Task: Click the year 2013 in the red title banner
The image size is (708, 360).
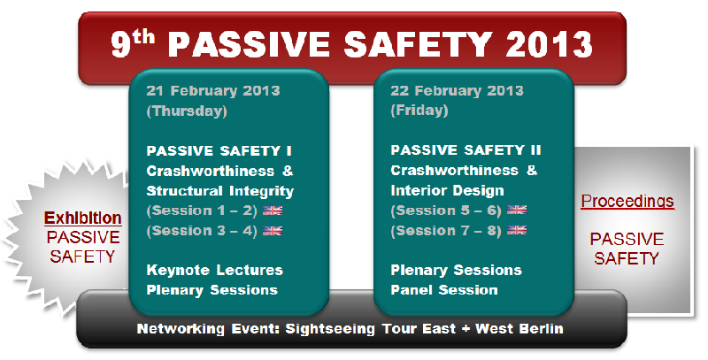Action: (x=549, y=44)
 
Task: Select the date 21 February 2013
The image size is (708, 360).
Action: (x=213, y=91)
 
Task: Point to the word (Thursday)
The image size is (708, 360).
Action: (x=187, y=111)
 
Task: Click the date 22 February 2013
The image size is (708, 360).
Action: (x=457, y=91)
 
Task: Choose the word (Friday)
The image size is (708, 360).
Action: (x=419, y=111)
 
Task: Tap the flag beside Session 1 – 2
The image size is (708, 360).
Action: (x=273, y=211)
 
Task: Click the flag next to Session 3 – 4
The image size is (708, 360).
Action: (x=273, y=231)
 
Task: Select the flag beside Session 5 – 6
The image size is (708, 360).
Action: (x=517, y=210)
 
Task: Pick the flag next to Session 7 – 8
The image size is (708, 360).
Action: (x=517, y=230)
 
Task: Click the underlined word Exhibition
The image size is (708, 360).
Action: (x=82, y=218)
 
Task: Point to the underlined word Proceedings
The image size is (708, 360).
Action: (x=627, y=201)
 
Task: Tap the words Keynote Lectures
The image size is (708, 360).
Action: (x=214, y=271)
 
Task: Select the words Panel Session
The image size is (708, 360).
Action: (x=444, y=289)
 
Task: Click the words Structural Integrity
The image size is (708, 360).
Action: (x=219, y=191)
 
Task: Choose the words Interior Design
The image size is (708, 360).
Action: (x=447, y=190)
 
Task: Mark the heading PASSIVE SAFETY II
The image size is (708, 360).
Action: (x=466, y=149)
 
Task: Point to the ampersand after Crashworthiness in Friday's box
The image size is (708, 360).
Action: (x=532, y=170)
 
